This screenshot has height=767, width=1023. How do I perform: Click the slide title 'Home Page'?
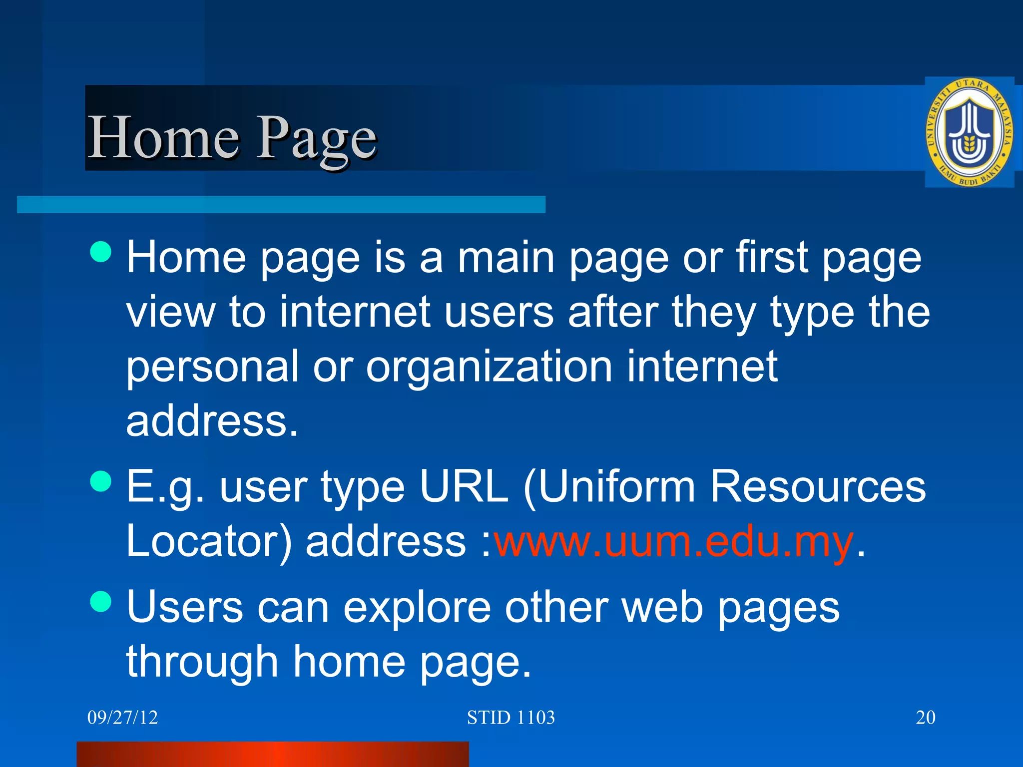point(232,137)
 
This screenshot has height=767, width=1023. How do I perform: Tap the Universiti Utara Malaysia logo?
point(970,132)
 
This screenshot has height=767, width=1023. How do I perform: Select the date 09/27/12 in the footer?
point(122,718)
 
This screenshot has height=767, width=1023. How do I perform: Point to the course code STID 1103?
point(511,718)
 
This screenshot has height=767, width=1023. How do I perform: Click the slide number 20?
point(925,718)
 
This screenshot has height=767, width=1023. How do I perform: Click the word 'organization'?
point(489,367)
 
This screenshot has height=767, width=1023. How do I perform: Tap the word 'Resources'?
point(817,486)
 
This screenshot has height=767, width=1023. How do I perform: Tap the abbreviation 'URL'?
point(464,486)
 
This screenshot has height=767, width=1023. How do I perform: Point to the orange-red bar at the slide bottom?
point(273,754)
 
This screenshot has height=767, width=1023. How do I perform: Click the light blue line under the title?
point(281,205)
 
